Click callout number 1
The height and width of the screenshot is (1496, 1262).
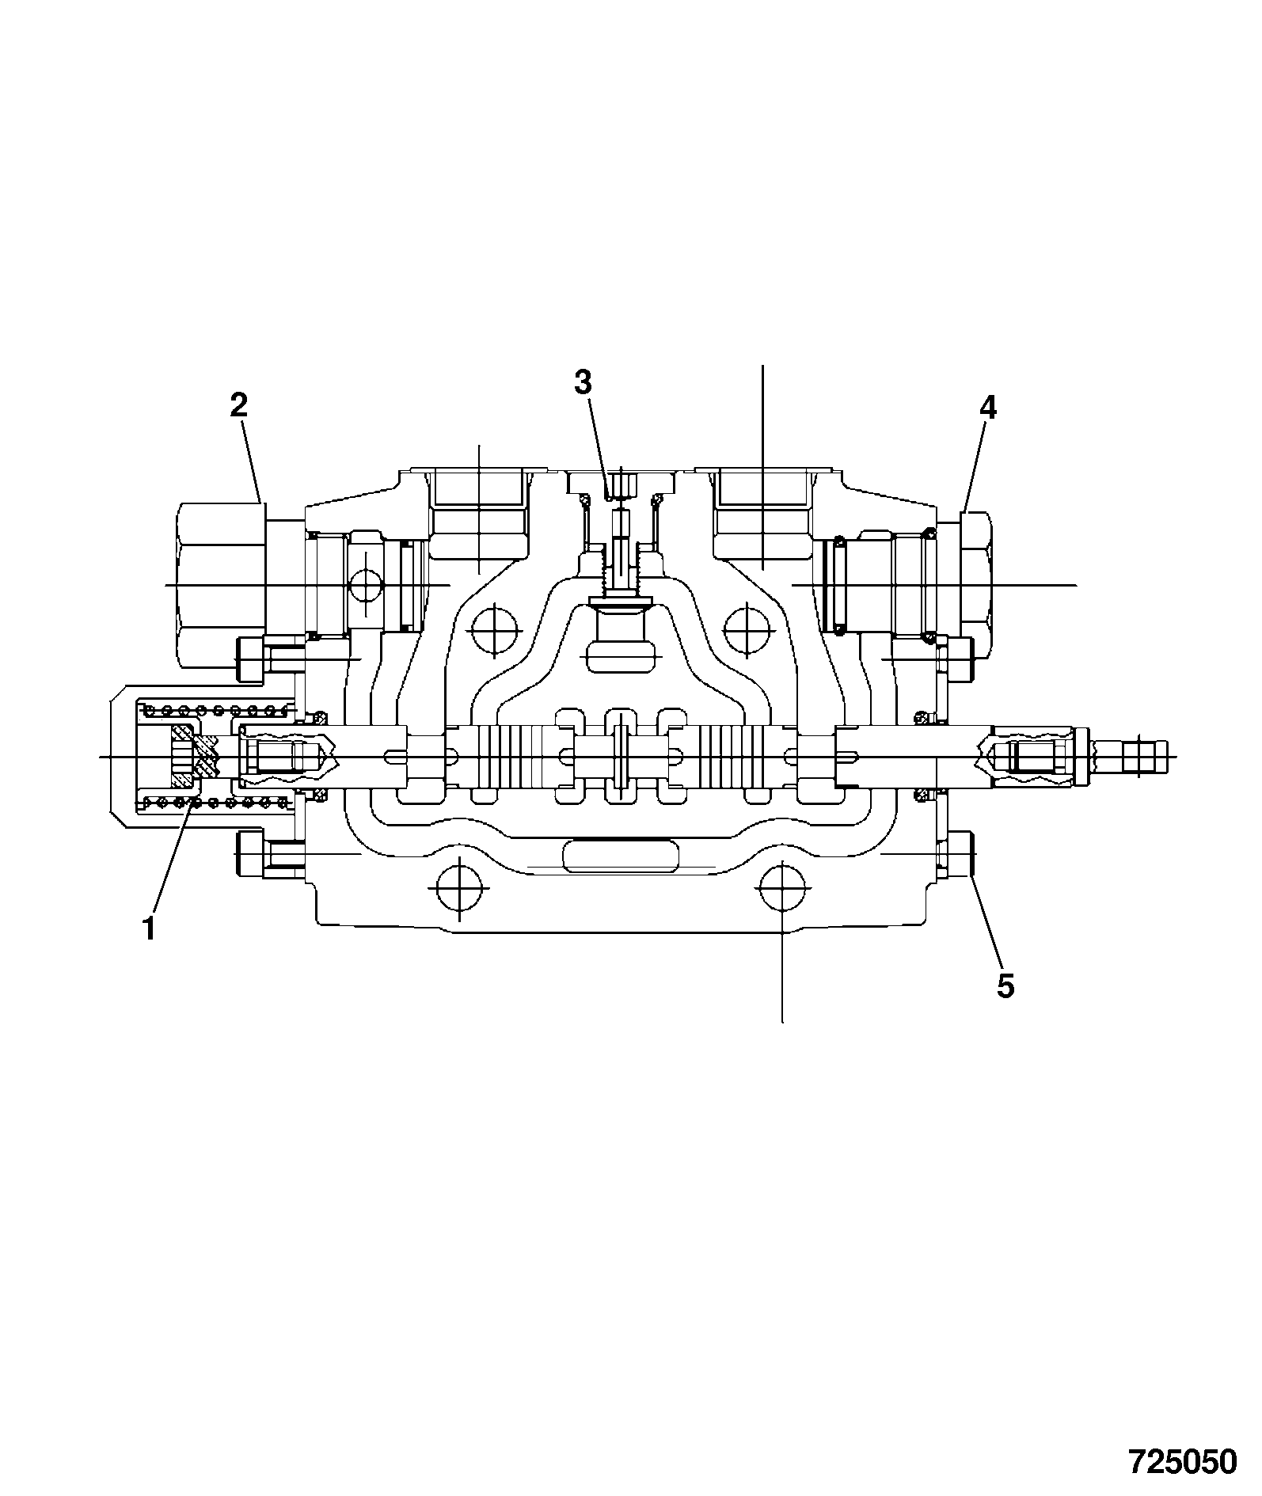point(148,928)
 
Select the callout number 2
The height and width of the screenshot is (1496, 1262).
point(238,405)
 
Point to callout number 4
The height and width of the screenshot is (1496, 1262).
point(987,408)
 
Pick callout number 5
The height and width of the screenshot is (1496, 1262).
point(1005,987)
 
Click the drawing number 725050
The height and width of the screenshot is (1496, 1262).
point(1182,1462)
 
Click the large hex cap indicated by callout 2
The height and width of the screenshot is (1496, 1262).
point(220,584)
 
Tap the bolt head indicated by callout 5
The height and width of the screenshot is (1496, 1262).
point(956,855)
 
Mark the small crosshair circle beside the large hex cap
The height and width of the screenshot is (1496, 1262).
point(365,585)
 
